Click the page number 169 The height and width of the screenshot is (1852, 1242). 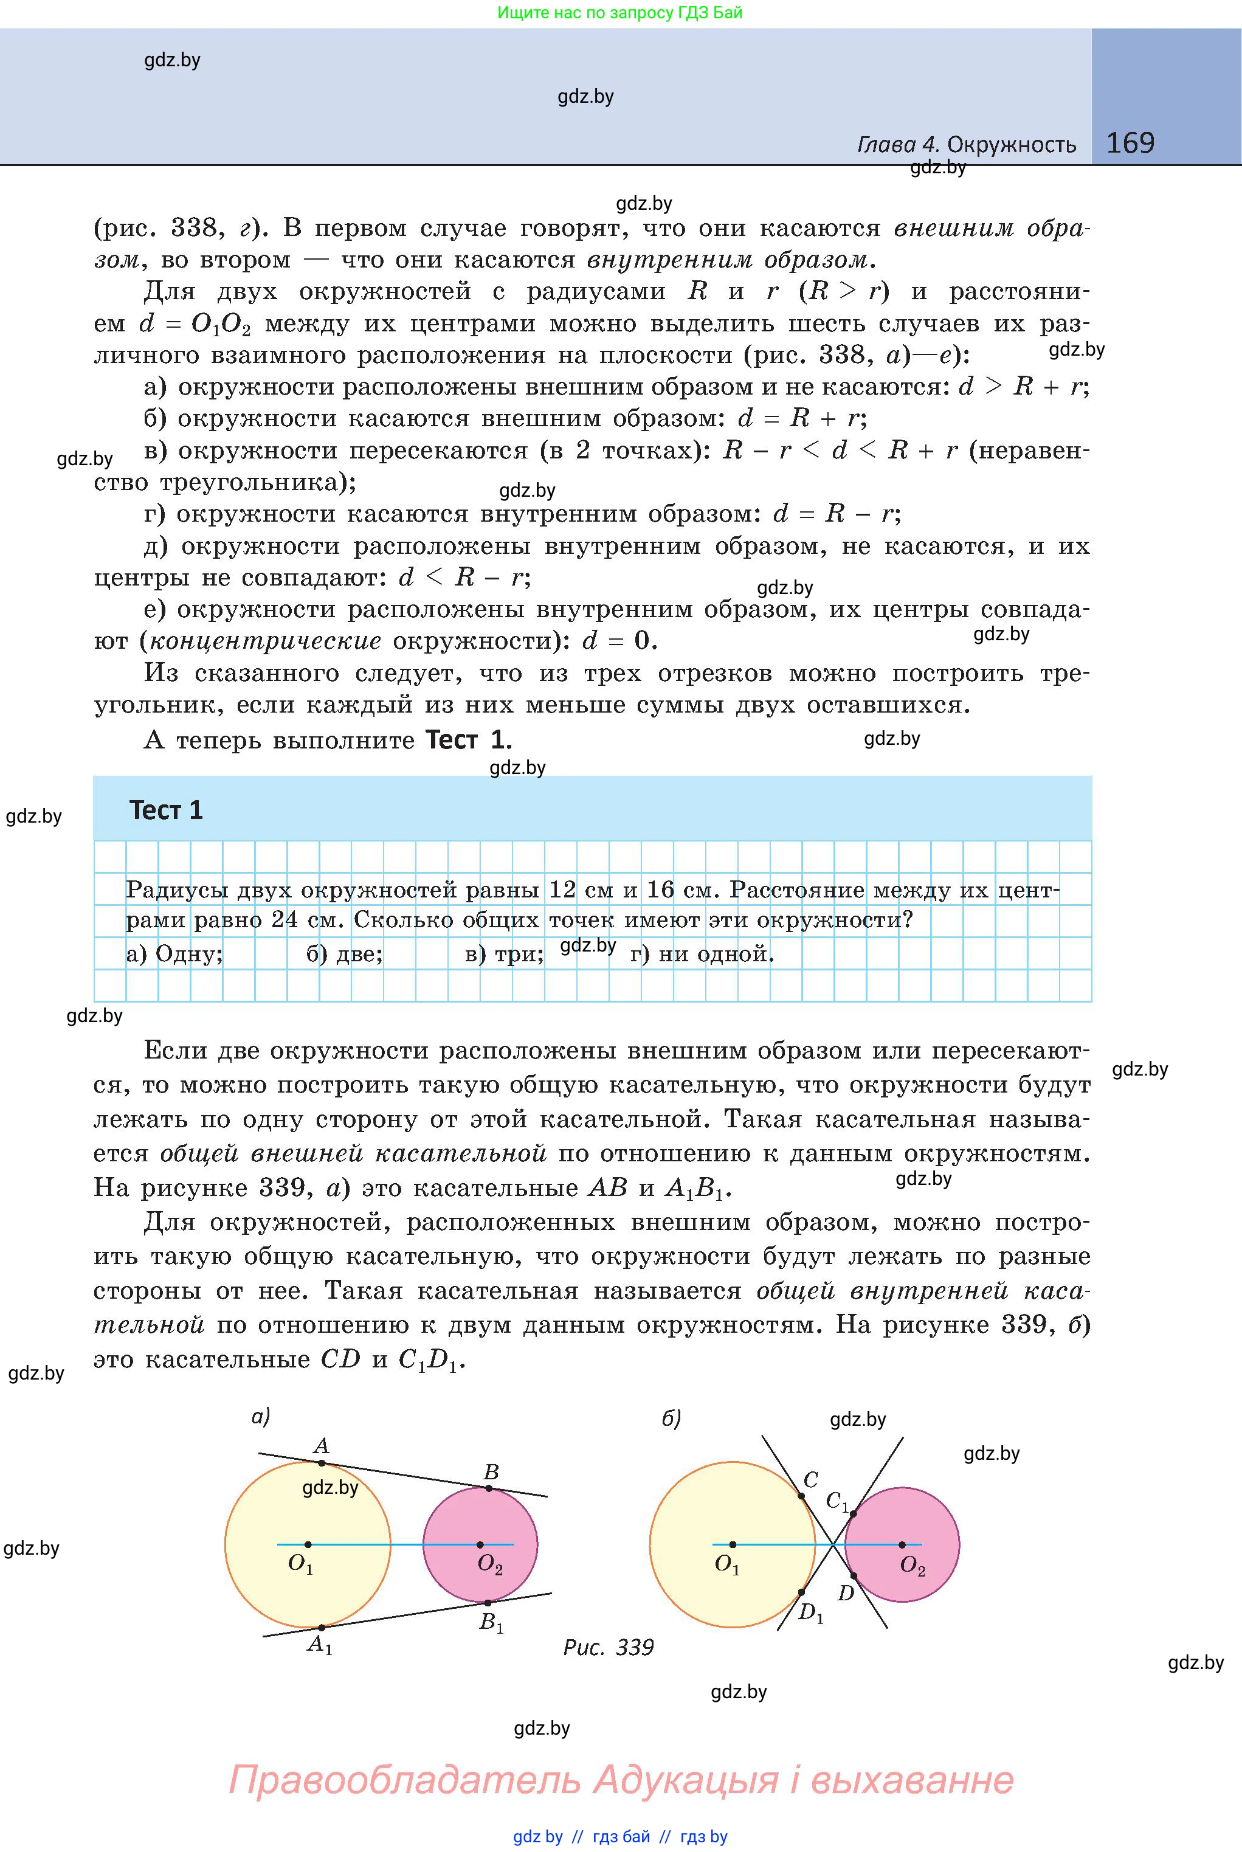click(1130, 143)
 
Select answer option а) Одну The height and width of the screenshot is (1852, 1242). click(174, 954)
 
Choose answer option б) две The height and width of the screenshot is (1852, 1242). click(345, 954)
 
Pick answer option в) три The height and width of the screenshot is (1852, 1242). click(504, 954)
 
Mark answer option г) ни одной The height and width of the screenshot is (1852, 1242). click(702, 954)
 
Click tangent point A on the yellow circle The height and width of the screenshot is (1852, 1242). click(322, 1463)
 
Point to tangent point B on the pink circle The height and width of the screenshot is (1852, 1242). click(489, 1488)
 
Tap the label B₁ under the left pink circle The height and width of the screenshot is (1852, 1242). click(491, 1622)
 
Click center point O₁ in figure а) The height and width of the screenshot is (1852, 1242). click(308, 1545)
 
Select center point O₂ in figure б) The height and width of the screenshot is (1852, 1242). click(902, 1545)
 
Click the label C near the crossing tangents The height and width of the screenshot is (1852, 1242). click(811, 1480)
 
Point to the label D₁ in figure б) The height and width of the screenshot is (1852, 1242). click(811, 1612)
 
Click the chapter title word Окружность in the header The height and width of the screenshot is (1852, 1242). click(1012, 145)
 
